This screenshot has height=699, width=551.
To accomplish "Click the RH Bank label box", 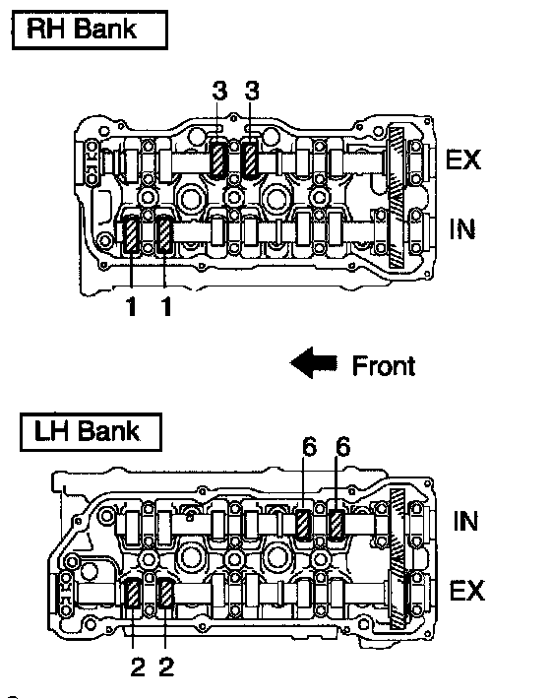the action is pyautogui.click(x=90, y=30).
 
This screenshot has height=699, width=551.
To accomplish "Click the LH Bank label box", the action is pyautogui.click(x=91, y=432).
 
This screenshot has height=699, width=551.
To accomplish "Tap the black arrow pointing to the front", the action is pyautogui.click(x=314, y=363).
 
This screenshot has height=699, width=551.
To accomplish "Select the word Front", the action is pyautogui.click(x=384, y=366).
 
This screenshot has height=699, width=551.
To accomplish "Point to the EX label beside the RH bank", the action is pyautogui.click(x=463, y=159).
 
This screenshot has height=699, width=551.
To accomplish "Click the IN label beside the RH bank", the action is pyautogui.click(x=461, y=229).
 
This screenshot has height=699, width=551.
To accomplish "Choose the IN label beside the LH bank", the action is pyautogui.click(x=465, y=521).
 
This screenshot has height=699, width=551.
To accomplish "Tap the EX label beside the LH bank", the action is pyautogui.click(x=466, y=591).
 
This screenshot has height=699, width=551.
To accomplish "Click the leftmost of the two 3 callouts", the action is pyautogui.click(x=219, y=91).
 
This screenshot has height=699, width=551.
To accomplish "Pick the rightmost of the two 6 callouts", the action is pyautogui.click(x=343, y=446).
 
